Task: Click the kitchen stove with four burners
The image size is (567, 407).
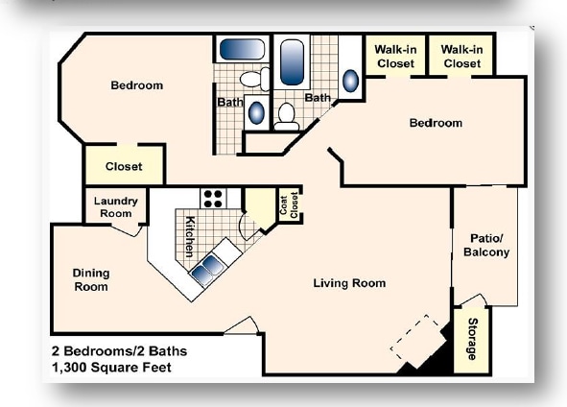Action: click(213, 199)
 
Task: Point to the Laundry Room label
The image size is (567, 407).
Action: click(115, 206)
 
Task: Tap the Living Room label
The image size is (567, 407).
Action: click(349, 283)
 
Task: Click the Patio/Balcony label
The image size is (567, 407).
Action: click(485, 246)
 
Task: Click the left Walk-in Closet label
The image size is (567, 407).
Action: click(395, 56)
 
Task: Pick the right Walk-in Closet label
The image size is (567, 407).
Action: click(461, 56)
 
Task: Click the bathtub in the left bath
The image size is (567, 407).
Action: click(240, 50)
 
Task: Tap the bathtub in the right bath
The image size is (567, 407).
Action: click(290, 60)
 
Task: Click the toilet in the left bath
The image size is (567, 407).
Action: click(254, 80)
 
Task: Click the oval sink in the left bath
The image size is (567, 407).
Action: click(257, 113)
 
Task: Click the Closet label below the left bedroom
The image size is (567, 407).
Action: click(124, 166)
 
